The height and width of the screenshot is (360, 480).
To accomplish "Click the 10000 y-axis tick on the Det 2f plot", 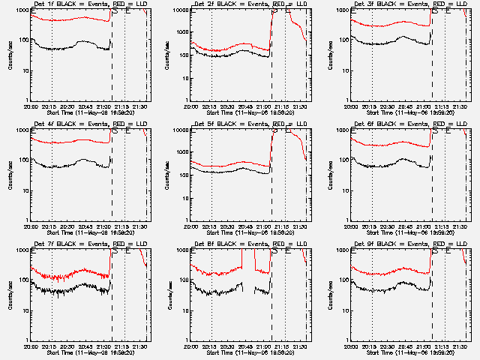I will tap(181, 10).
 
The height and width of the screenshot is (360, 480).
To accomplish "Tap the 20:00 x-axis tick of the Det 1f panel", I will tap(31, 106).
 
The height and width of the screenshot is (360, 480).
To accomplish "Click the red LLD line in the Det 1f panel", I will tap(75, 19).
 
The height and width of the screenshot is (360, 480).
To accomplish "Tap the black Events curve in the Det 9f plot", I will tap(390, 286).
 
